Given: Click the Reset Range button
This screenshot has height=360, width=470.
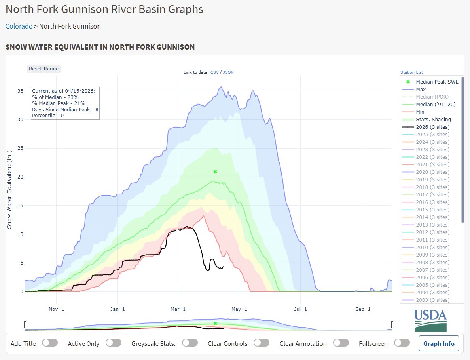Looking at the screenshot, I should pos(44,69).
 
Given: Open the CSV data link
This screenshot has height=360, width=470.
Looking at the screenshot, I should pos(214,72).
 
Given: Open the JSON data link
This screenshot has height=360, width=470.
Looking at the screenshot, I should pos(228,72).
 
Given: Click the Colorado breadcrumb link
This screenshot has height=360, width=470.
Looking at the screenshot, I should pos(19,26).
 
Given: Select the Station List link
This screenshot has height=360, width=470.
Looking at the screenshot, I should pos(411,72).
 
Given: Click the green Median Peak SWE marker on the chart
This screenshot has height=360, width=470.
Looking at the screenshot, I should pos(215,171).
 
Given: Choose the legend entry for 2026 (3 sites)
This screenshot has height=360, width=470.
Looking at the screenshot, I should pos(432,127).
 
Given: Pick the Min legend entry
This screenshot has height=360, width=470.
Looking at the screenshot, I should pos(420,112).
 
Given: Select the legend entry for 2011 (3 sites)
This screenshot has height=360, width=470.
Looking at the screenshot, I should pos(432,240).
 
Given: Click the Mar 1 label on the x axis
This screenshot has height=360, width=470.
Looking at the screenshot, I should pos(178,309).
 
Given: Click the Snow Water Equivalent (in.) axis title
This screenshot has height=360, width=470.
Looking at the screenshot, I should pos(9,189).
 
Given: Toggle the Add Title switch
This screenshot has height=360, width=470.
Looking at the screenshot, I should pos(50,343).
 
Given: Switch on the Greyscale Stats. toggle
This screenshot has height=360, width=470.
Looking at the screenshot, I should pos(190,343).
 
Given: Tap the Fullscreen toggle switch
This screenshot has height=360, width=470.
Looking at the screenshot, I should pos(402,343).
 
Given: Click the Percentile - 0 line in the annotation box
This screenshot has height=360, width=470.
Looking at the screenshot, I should pos(48,115).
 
